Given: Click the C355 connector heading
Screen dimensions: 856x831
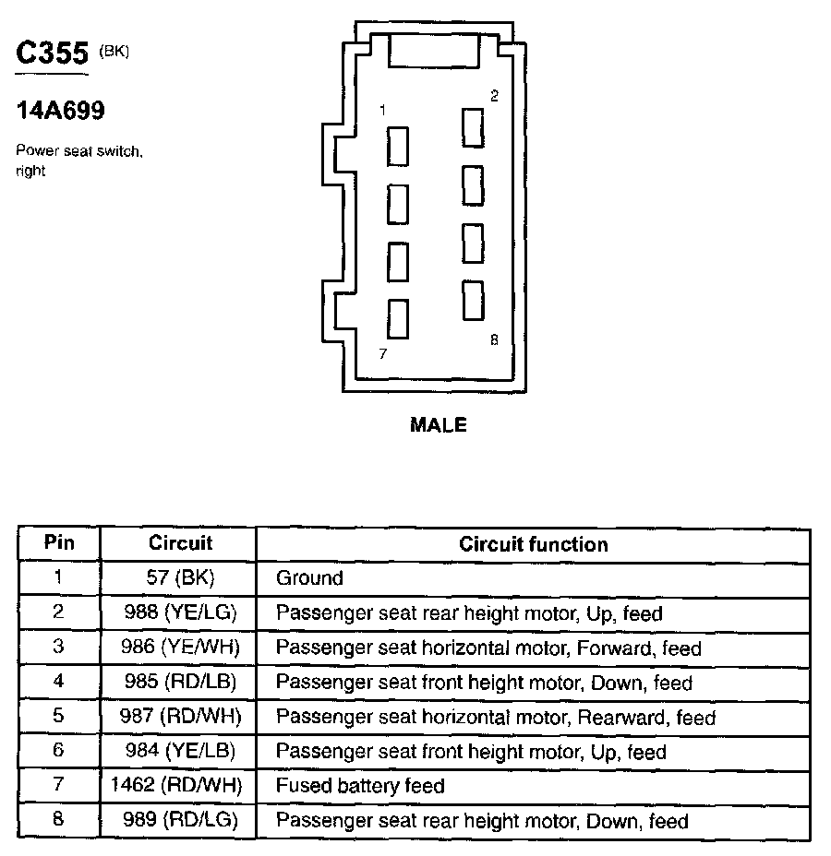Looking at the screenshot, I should click(52, 53).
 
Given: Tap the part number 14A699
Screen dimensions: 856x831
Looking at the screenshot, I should click(60, 112).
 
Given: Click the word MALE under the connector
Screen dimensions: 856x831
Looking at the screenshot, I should click(438, 425).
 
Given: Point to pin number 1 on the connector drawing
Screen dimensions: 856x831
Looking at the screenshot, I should click(382, 110).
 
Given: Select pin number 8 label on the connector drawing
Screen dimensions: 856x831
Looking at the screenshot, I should click(494, 339).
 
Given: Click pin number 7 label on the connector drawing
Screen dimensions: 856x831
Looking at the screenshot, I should click(382, 352).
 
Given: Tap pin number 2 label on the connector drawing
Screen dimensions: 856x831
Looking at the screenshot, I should click(494, 96).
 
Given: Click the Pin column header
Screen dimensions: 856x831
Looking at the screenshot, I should click(59, 542).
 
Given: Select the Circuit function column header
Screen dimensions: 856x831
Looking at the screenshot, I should click(533, 544).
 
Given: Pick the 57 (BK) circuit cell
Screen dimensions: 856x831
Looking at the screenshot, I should click(179, 578).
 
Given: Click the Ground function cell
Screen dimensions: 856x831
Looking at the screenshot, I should click(309, 578).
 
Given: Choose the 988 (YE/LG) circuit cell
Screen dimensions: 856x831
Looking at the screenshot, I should click(179, 612).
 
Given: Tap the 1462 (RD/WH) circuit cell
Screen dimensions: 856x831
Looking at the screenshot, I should click(179, 786).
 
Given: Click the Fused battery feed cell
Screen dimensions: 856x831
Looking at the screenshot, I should click(360, 786).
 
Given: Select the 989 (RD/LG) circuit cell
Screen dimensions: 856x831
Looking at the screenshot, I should click(179, 821).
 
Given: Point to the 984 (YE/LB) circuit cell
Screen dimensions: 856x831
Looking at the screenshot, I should click(179, 752).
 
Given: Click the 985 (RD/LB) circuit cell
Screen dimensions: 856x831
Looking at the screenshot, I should click(179, 683).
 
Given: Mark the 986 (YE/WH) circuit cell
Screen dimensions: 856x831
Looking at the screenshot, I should click(179, 648).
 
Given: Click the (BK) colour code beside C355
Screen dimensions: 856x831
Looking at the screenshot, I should click(114, 52).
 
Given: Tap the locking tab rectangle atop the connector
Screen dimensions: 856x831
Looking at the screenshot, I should click(434, 50).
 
